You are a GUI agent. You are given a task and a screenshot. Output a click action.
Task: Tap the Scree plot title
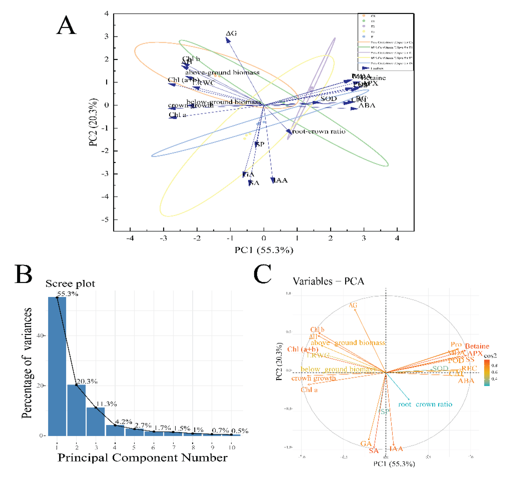[x=70, y=284]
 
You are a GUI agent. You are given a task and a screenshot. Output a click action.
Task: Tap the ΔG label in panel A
[x=231, y=33]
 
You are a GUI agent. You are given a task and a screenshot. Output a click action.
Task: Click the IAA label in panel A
[x=280, y=180]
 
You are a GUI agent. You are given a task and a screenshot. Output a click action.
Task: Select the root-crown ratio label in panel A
[x=319, y=131]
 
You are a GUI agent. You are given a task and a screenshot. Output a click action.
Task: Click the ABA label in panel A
[x=367, y=105]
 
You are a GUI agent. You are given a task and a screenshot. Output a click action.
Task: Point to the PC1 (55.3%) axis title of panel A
[x=264, y=250]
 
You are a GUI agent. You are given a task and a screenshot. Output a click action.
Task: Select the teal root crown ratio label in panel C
[x=425, y=404]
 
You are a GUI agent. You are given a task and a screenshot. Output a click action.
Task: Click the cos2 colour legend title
[x=490, y=356]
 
